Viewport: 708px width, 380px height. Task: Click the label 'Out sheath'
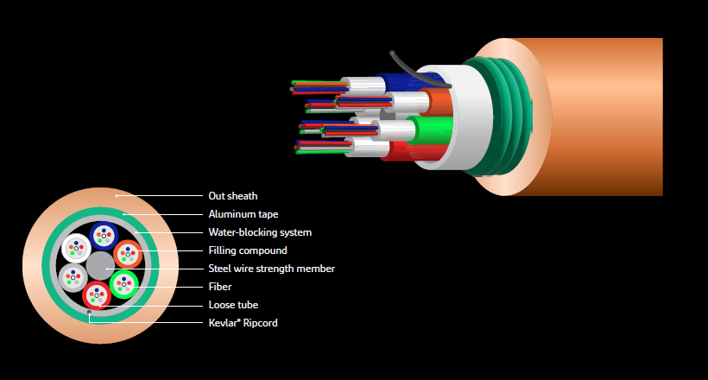tap(233, 196)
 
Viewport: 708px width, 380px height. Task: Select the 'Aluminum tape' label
tap(243, 214)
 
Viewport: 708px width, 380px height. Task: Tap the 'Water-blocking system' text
tap(260, 232)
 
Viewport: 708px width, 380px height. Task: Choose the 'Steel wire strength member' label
tap(271, 269)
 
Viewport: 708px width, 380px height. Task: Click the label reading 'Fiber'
tap(220, 287)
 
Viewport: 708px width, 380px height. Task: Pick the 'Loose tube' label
tap(233, 305)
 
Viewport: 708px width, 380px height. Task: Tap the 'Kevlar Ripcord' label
tap(243, 323)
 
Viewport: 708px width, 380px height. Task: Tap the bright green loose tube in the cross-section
tap(124, 282)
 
